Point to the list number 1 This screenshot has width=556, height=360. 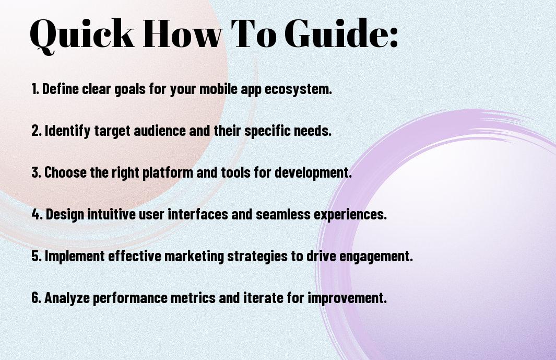pos(35,89)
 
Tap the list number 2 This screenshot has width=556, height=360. pos(36,131)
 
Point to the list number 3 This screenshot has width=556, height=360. pos(36,172)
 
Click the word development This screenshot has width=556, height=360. pos(313,173)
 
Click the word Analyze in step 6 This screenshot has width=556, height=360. pos(67,298)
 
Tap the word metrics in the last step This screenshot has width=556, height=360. pos(193,298)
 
